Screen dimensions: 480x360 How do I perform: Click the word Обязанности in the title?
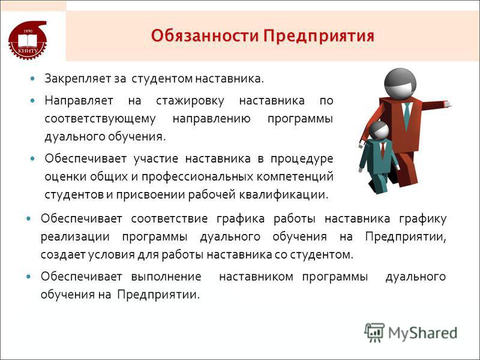pos(205,36)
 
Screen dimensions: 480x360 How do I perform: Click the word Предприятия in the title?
pos(319,37)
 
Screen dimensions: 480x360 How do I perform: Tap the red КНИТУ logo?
pos(28,40)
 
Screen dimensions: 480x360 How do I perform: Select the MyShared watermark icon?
pos(374,332)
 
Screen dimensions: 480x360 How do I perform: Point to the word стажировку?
pos(190,101)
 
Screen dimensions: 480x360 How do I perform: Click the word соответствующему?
pos(100,119)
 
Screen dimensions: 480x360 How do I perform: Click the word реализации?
pos(75,237)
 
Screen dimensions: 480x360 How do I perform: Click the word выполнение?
pos(166,277)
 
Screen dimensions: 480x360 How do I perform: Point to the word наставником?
pos(256,277)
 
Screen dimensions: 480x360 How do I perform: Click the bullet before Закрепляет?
pos(33,79)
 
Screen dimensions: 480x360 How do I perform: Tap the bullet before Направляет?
pos(33,100)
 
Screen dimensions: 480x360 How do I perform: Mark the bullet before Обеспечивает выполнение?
pos(29,277)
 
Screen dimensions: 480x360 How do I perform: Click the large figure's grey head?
pos(400,83)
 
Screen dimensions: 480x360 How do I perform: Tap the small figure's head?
pos(379,130)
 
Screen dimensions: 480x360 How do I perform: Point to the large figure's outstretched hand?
pos(448,104)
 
